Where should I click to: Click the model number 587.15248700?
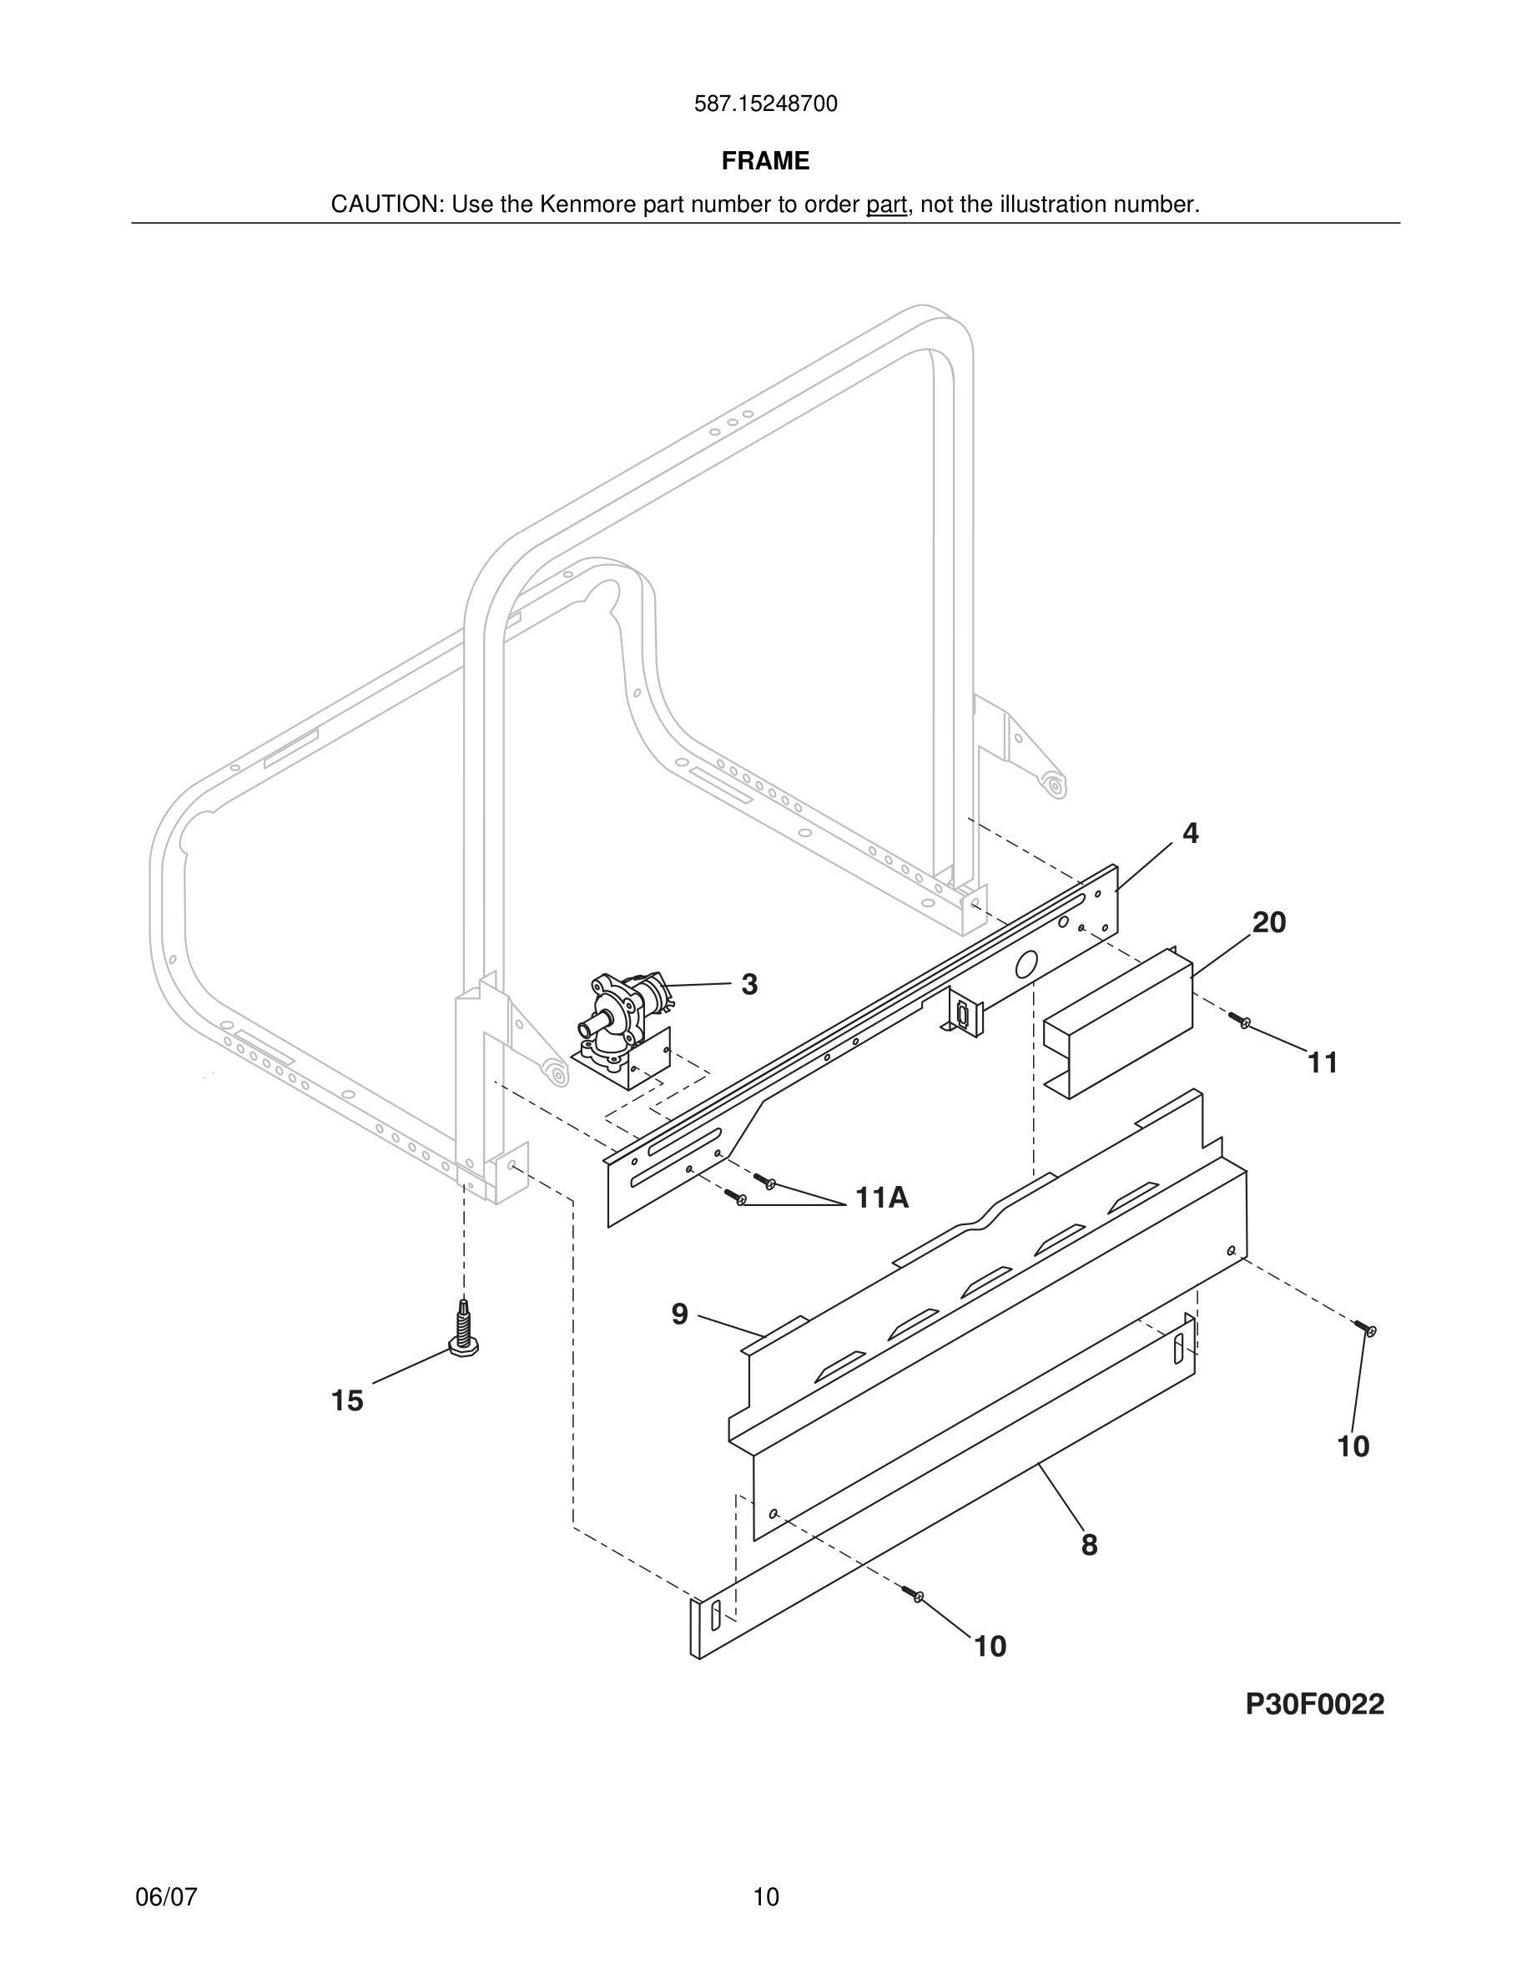(765, 104)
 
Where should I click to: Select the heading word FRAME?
(765, 161)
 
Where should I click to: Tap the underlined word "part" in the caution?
(886, 205)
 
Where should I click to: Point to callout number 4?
(1190, 834)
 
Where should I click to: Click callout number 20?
(1269, 922)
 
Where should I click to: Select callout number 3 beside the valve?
(748, 984)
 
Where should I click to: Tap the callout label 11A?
(881, 1198)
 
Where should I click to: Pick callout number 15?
(346, 1401)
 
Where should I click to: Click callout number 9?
(680, 1313)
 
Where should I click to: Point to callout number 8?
(1089, 1545)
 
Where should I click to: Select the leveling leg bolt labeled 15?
(464, 1331)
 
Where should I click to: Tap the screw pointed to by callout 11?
(1241, 1021)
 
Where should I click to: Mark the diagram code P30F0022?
(1314, 1704)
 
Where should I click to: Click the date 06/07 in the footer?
(166, 1897)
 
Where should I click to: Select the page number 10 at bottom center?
(765, 1897)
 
